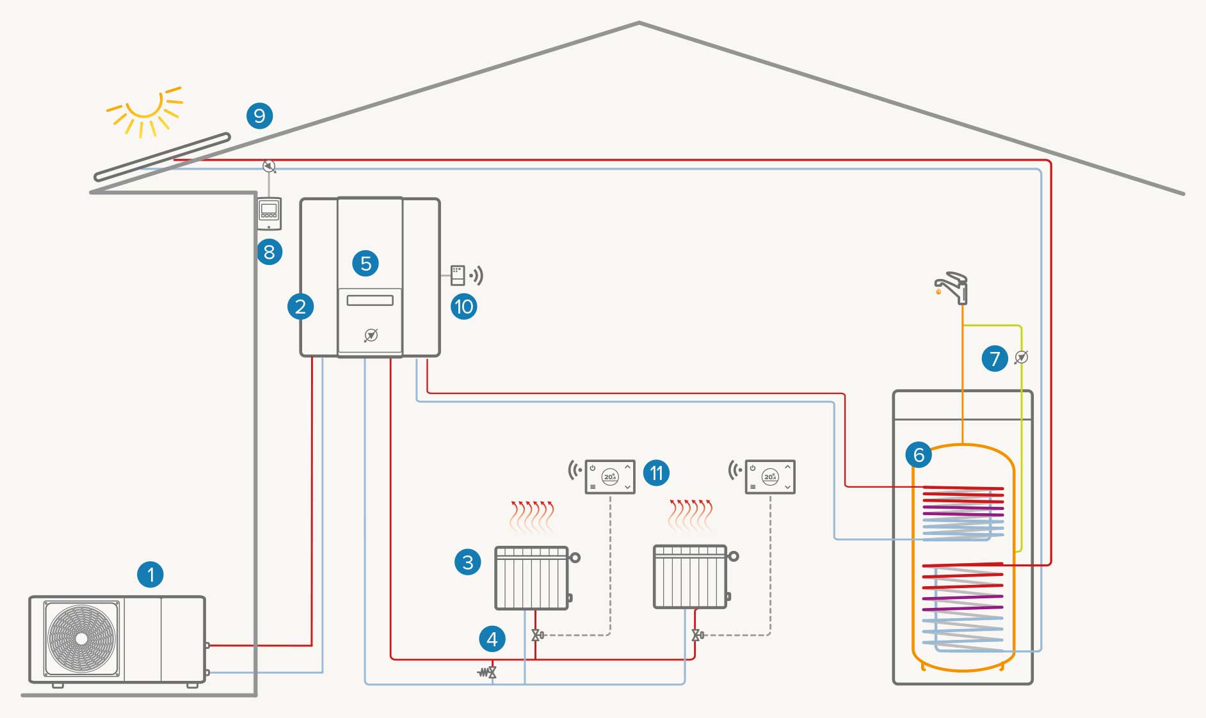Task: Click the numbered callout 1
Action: click(150, 574)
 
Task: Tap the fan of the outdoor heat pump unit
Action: click(81, 639)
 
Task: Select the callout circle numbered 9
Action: click(259, 116)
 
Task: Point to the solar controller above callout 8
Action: click(269, 214)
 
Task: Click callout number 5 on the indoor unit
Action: click(366, 263)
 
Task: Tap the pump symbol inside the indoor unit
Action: click(371, 335)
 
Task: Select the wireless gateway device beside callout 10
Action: click(458, 275)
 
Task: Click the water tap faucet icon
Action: click(953, 288)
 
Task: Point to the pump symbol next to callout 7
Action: click(1021, 357)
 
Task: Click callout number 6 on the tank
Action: click(919, 455)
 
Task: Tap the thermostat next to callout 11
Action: click(610, 477)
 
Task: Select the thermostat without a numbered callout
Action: click(770, 477)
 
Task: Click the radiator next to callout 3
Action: click(532, 577)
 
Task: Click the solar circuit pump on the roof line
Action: click(269, 166)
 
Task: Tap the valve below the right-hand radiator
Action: click(696, 635)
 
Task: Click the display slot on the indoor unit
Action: click(370, 300)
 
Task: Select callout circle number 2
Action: click(300, 307)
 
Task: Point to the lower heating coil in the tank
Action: click(962, 605)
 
